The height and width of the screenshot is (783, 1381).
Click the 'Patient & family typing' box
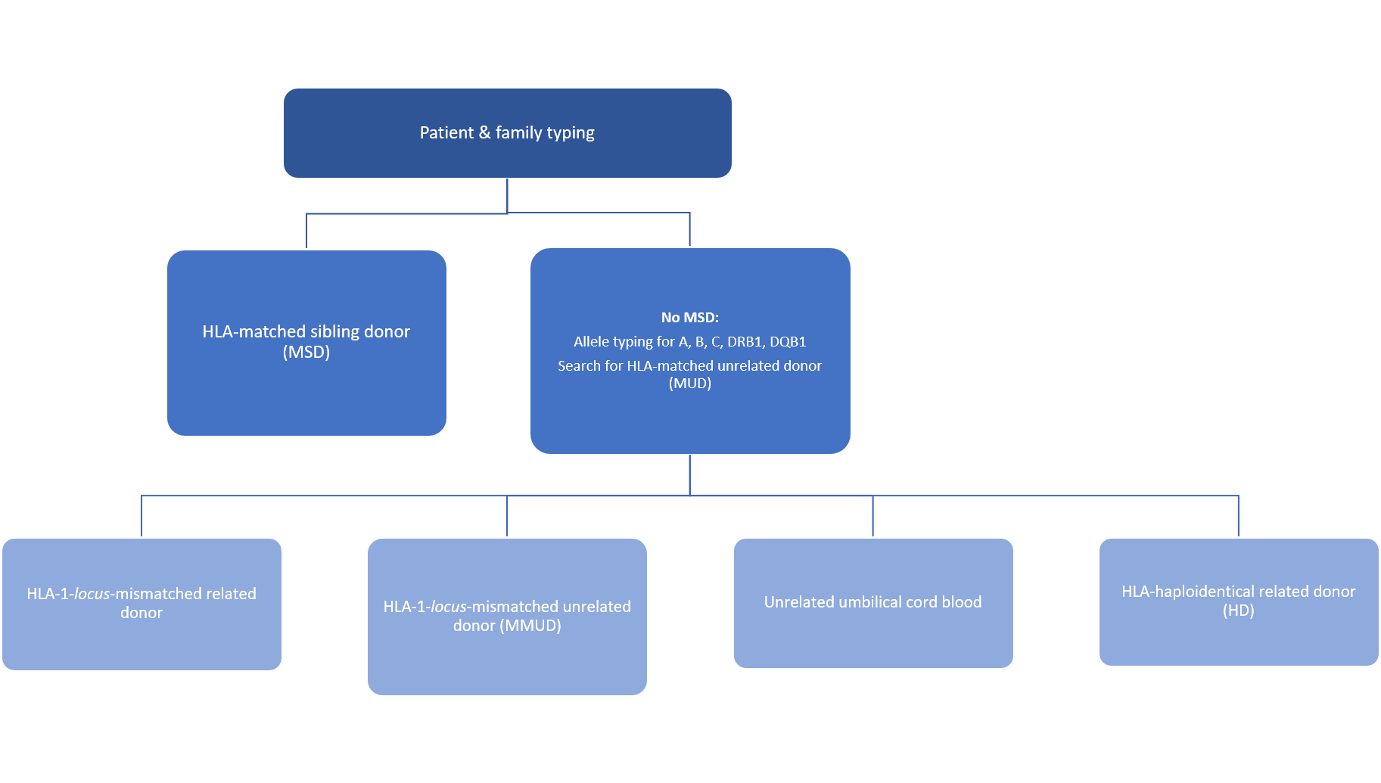(507, 133)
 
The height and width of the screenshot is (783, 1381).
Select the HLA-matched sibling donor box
(306, 343)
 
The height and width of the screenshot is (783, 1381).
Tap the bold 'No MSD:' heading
(690, 318)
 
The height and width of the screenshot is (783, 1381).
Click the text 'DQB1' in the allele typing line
(788, 342)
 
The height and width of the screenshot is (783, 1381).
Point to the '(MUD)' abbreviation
(690, 384)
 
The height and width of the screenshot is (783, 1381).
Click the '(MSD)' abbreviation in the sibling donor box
(306, 353)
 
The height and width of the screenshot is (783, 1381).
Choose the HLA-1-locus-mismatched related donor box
(142, 604)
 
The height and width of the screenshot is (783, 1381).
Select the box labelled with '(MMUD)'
(507, 617)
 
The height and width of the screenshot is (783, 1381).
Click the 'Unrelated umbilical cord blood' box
(873, 603)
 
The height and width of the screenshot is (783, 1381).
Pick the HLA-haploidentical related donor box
(1239, 602)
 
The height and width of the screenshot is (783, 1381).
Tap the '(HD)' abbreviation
(1239, 611)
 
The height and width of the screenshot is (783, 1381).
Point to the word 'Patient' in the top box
(446, 133)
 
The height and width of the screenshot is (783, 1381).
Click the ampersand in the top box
(484, 133)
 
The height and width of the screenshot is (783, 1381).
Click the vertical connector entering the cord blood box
(873, 517)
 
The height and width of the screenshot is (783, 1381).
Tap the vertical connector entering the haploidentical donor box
(1239, 517)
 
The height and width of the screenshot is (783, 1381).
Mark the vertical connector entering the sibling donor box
(306, 231)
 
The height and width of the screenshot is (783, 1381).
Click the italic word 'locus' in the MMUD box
(448, 607)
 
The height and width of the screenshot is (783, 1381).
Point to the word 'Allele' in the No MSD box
(592, 342)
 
